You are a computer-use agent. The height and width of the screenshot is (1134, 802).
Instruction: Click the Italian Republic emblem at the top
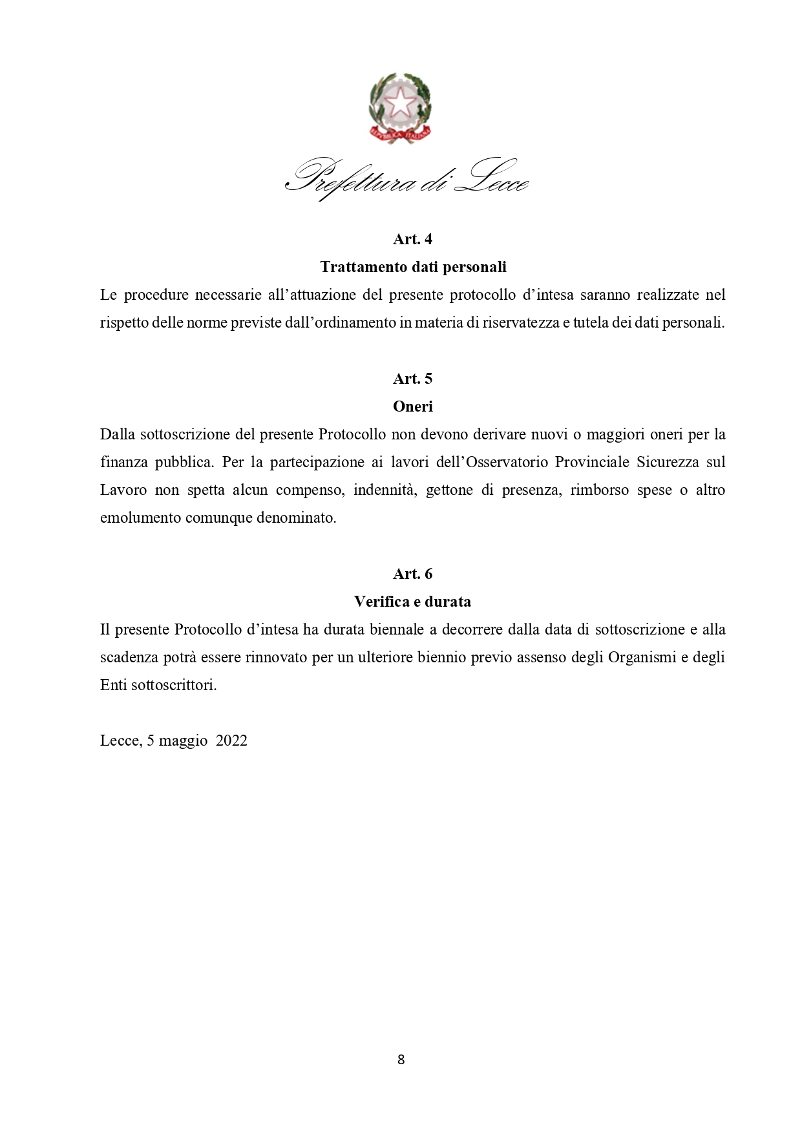pos(400,107)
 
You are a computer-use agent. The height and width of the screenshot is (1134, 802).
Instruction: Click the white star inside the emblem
pos(400,101)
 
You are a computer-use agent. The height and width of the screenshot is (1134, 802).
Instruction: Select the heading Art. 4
pos(412,239)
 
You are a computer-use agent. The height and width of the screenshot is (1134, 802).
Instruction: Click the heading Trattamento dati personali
pos(413,267)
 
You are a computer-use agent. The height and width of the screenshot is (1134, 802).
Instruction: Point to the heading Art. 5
pos(412,379)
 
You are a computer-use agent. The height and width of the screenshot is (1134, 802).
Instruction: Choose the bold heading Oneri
pos(412,406)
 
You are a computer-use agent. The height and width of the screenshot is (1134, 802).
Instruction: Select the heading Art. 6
pos(412,574)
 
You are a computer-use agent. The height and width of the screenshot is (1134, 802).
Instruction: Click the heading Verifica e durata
pos(412,602)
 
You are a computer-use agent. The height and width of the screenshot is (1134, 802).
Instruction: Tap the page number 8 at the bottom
pos(401,1059)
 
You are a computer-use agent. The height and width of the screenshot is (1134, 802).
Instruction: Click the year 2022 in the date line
pos(231,740)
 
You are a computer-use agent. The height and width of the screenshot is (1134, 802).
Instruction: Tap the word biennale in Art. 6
pos(396,629)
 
